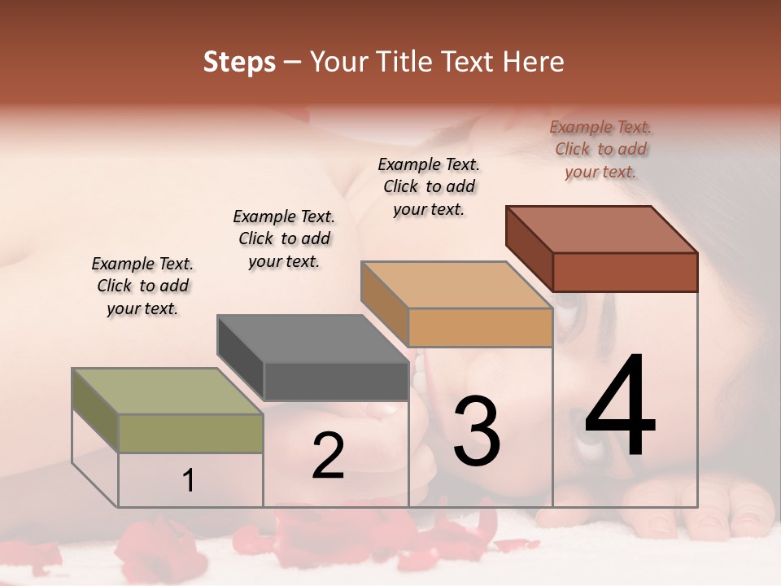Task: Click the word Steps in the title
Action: pos(239,62)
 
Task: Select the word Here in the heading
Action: pos(533,62)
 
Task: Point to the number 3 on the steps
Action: pos(477,431)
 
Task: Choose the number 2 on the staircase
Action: pos(328,456)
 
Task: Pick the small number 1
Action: pos(189,480)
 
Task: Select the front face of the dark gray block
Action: pos(335,381)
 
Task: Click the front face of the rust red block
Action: pos(625,272)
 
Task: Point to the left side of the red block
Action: pos(529,247)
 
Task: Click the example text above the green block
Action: pos(142,286)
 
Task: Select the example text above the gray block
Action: pos(284,238)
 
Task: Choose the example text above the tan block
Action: pos(429,186)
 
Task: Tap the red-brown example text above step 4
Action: pos(600,149)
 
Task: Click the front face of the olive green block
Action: pos(190,433)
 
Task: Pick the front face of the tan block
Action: pos(480,327)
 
